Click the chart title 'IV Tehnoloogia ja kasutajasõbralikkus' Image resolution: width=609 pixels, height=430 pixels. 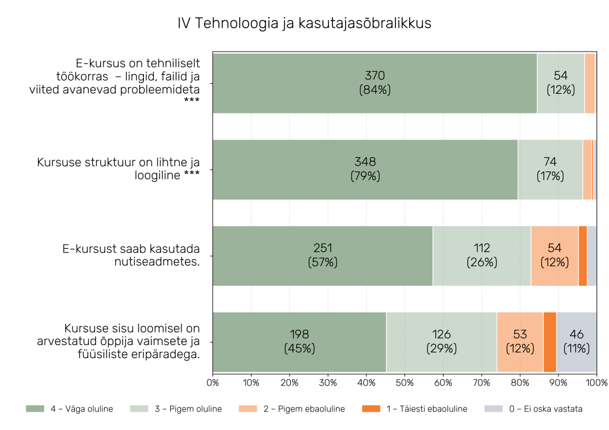click(x=304, y=23)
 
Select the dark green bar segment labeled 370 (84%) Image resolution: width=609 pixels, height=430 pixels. click(x=375, y=83)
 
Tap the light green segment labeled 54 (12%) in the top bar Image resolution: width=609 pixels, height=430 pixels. click(x=560, y=83)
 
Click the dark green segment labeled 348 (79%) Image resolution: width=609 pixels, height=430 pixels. click(x=365, y=169)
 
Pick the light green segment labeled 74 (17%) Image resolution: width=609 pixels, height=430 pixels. click(x=550, y=169)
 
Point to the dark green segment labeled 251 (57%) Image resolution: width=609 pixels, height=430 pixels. click(x=322, y=255)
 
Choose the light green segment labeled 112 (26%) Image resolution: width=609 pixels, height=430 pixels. click(x=482, y=255)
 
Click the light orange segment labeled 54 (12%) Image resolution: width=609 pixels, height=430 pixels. click(x=554, y=255)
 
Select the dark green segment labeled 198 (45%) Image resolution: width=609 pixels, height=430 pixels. click(x=299, y=342)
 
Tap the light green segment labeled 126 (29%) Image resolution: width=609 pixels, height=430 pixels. click(x=441, y=342)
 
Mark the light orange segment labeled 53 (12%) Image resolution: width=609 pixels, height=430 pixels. click(x=520, y=342)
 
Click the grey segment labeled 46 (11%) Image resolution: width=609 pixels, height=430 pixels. click(x=576, y=342)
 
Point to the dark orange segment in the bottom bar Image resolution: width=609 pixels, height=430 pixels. click(x=550, y=342)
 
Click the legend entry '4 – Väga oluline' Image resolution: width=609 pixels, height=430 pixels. click(x=70, y=409)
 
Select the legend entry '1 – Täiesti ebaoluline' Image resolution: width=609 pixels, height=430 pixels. click(x=415, y=409)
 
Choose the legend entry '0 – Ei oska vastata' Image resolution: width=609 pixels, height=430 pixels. click(x=533, y=409)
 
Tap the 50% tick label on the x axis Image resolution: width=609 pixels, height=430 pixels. click(x=404, y=382)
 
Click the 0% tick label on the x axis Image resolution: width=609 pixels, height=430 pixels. click(x=213, y=382)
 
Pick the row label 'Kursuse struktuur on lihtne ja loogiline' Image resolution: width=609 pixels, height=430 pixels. click(x=118, y=169)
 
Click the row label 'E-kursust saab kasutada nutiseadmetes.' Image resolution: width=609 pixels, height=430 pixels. click(x=131, y=255)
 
